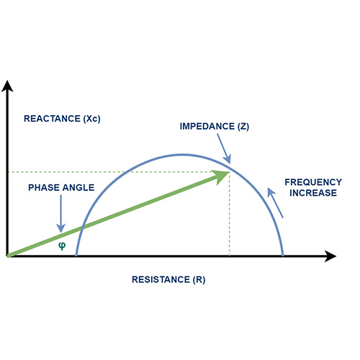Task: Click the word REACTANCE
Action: click(52, 119)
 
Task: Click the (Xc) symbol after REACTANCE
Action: click(92, 119)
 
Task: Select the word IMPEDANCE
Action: click(207, 126)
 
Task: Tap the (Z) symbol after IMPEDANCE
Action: click(243, 127)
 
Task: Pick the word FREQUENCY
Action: click(313, 182)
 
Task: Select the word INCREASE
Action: click(313, 193)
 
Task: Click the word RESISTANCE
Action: click(161, 279)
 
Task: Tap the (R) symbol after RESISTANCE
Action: click(199, 279)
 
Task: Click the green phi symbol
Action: click(62, 246)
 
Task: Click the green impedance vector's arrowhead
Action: click(220, 176)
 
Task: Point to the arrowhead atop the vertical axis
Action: click(7, 86)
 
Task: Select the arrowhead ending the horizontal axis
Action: click(330, 256)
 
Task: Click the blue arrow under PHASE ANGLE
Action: click(61, 214)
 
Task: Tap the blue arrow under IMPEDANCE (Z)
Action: click(224, 149)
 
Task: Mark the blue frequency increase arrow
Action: click(275, 203)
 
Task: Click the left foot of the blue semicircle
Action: click(76, 254)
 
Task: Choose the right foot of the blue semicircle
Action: click(283, 254)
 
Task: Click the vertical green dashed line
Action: click(230, 214)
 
